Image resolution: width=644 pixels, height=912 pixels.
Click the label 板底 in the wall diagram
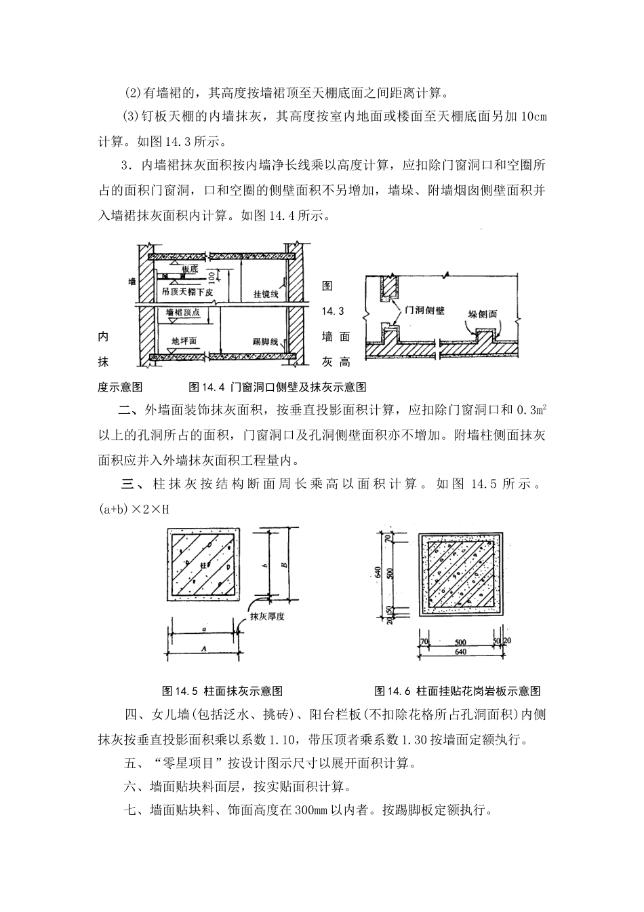click(190, 269)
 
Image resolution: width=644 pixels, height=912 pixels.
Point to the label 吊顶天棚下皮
click(188, 292)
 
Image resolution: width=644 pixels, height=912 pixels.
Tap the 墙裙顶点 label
click(183, 312)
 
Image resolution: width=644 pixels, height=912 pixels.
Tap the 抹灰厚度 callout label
click(265, 617)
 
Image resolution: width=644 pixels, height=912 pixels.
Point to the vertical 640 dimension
click(378, 572)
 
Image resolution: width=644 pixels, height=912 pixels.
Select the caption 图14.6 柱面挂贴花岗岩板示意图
click(458, 691)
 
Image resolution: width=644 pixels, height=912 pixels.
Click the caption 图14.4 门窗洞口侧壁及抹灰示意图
click(277, 387)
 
